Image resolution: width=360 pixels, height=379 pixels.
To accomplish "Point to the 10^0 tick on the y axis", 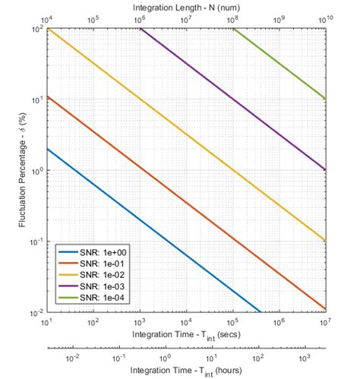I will click(x=36, y=171).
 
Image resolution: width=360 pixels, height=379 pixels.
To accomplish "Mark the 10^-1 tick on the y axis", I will click(x=35, y=242).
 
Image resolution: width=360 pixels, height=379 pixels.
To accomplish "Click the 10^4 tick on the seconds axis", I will click(x=187, y=321).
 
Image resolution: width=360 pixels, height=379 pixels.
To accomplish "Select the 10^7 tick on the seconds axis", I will click(x=325, y=321).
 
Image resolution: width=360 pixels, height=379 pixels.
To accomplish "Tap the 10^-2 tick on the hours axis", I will click(x=72, y=357).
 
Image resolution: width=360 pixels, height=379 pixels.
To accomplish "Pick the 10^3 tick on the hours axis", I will click(x=304, y=357).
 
